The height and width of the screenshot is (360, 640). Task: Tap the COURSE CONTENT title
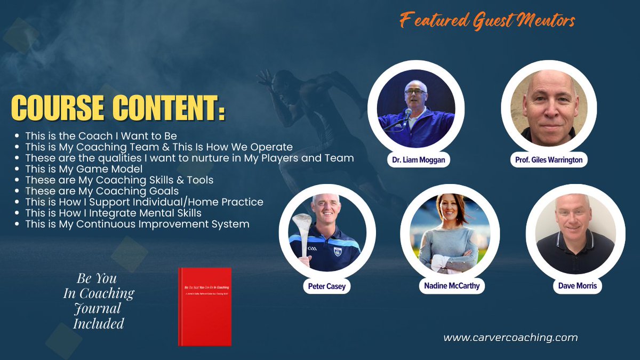[118, 108]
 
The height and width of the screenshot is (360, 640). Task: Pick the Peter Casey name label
[326, 286]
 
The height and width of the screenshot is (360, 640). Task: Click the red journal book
[204, 306]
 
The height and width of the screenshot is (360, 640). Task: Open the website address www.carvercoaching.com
[510, 337]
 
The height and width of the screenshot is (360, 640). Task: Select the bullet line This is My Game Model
[84, 169]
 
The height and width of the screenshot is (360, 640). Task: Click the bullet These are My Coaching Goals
[102, 190]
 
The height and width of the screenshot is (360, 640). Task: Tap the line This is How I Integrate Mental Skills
[113, 213]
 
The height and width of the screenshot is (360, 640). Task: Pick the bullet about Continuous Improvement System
[137, 224]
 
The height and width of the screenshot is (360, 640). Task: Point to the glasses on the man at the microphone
[415, 92]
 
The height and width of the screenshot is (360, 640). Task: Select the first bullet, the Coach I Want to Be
[101, 136]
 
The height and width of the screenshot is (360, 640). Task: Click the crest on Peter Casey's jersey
[337, 250]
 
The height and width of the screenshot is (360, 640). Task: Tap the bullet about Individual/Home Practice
[144, 202]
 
